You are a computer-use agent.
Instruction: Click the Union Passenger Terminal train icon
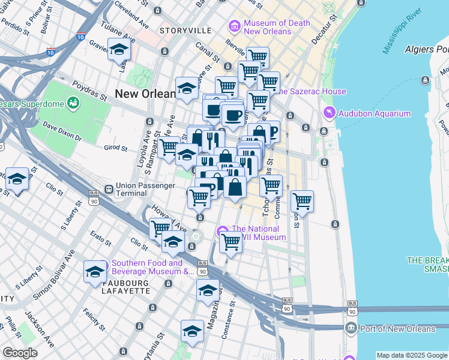[x=109, y=189]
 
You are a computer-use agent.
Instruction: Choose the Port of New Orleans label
[x=397, y=329]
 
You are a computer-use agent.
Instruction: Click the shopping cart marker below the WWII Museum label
[x=231, y=242]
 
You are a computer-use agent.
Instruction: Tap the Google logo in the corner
[x=20, y=353]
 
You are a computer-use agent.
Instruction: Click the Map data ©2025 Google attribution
[x=412, y=355]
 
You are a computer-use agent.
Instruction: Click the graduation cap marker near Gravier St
[x=119, y=50]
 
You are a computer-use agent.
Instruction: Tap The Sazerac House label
[x=310, y=92]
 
